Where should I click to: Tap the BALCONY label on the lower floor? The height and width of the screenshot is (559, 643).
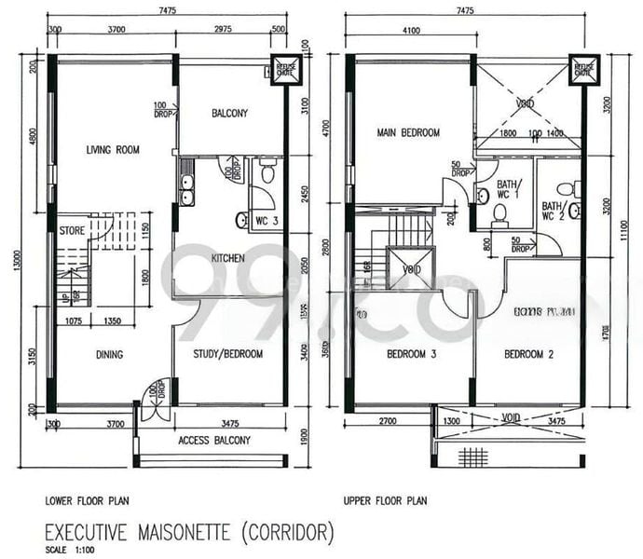click(x=229, y=114)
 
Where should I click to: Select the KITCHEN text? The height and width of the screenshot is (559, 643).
click(x=227, y=257)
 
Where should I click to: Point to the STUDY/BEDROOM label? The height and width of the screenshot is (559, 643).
click(x=227, y=354)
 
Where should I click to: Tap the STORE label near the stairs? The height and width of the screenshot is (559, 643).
click(x=73, y=229)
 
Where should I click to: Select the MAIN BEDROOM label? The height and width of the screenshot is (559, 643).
click(x=408, y=133)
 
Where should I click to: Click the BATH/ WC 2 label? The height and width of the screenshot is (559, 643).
click(x=553, y=211)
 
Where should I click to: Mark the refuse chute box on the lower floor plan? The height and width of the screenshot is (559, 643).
click(x=284, y=72)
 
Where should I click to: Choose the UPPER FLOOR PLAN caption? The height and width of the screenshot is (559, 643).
click(x=385, y=500)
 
